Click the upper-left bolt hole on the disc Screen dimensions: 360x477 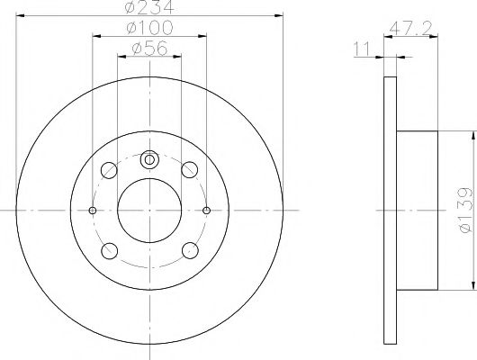tap(110, 170)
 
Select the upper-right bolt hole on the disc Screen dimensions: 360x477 tap(189, 170)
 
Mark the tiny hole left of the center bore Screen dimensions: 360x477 tap(94, 211)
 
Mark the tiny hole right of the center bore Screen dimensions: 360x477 tap(206, 211)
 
